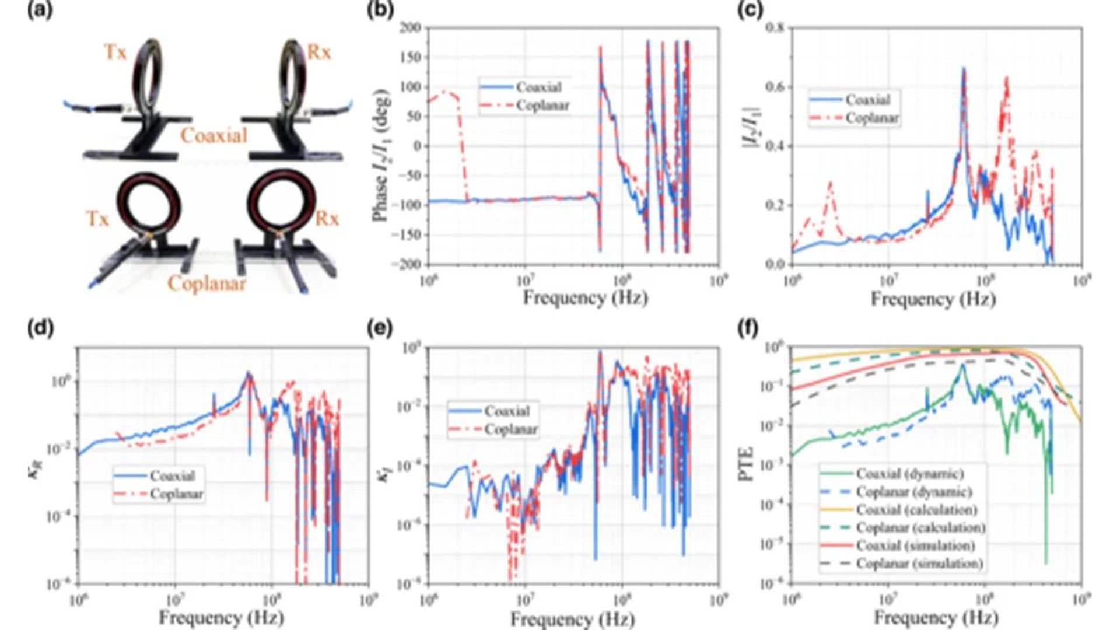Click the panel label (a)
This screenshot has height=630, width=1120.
click(40, 11)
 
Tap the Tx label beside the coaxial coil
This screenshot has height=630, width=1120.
click(115, 52)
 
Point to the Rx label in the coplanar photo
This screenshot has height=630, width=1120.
click(327, 219)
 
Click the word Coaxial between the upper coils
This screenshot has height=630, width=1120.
click(213, 135)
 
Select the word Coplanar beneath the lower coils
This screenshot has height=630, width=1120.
click(206, 283)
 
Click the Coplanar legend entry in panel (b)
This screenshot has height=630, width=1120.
click(542, 106)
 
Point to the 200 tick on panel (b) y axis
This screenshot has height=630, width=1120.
click(411, 28)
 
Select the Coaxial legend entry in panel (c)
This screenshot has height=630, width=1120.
click(867, 100)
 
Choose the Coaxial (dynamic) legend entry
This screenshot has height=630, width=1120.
click(909, 474)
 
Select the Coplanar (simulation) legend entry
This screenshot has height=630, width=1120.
click(919, 563)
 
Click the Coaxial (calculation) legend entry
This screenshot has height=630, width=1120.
click(916, 510)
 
